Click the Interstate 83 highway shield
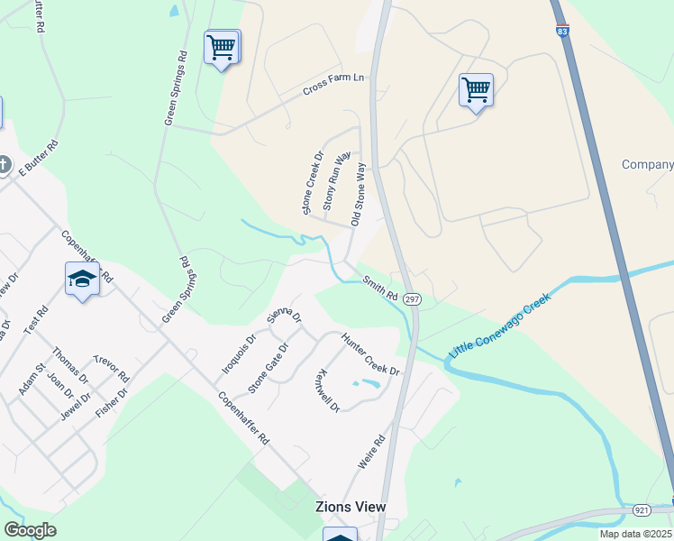tap(563, 32)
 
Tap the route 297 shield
tap(411, 298)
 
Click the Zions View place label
tap(351, 507)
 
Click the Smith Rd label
tap(380, 289)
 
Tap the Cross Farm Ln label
tap(334, 84)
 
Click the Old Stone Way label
tap(359, 194)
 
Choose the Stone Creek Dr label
tap(313, 183)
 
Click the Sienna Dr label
tap(285, 316)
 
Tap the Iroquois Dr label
tap(240, 355)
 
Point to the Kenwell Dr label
tap(328, 390)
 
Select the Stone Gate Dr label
tap(269, 368)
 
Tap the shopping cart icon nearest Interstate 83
tap(476, 90)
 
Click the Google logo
tap(30, 530)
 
